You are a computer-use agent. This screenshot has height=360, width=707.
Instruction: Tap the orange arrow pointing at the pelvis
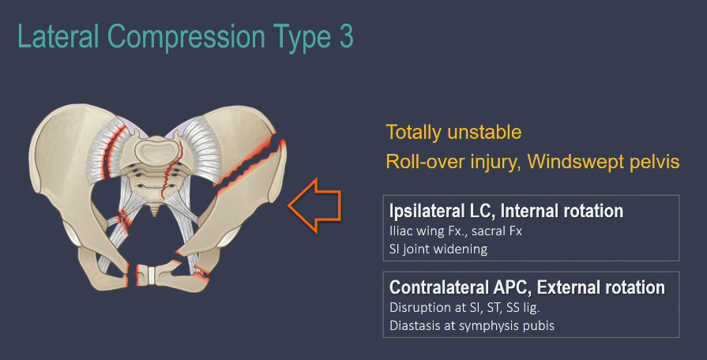314,205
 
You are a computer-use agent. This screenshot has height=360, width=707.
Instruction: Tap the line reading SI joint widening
438,249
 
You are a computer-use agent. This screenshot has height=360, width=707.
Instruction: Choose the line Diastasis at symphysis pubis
472,325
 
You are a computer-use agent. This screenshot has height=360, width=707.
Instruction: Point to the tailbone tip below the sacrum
155,211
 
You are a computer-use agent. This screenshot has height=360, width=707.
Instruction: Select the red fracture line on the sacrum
171,169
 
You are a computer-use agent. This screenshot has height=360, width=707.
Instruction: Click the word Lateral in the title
58,36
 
